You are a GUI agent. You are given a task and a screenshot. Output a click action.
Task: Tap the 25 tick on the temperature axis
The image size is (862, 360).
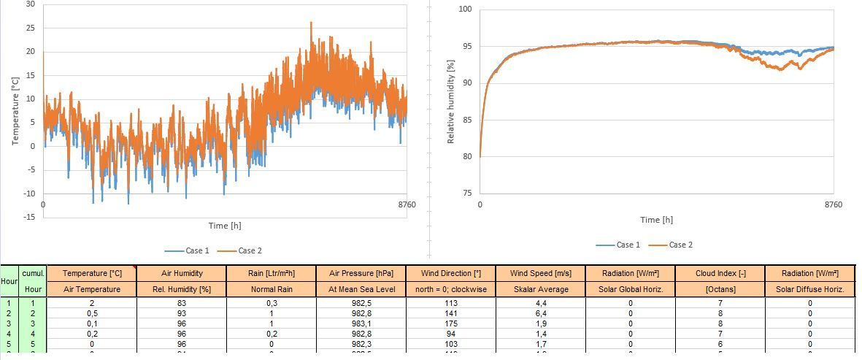pos(31,28)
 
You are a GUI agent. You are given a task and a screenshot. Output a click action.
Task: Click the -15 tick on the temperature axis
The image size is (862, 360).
pos(28,218)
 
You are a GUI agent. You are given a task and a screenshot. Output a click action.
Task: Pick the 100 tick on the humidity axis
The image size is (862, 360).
pos(465,9)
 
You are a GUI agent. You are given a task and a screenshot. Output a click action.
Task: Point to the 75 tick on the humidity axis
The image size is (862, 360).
pos(467,193)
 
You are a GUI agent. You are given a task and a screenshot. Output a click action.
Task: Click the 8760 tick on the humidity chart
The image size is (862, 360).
pos(832,204)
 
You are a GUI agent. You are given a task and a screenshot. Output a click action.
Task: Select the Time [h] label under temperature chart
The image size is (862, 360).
pos(224,226)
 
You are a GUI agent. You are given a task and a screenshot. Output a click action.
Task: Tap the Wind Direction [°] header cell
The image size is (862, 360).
pos(451,273)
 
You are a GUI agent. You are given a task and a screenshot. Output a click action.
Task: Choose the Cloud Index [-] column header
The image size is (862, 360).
pos(720,273)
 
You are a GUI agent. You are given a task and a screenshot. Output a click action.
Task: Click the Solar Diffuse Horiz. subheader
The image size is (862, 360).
pos(809,289)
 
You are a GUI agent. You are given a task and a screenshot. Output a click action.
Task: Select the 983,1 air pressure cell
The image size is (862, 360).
pos(361,323)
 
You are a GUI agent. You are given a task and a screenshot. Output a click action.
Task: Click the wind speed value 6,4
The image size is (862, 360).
pos(541,313)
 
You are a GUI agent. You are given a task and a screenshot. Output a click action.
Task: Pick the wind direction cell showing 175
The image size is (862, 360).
pos(451,323)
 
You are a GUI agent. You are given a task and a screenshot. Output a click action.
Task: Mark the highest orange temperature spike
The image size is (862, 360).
pos(311,23)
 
